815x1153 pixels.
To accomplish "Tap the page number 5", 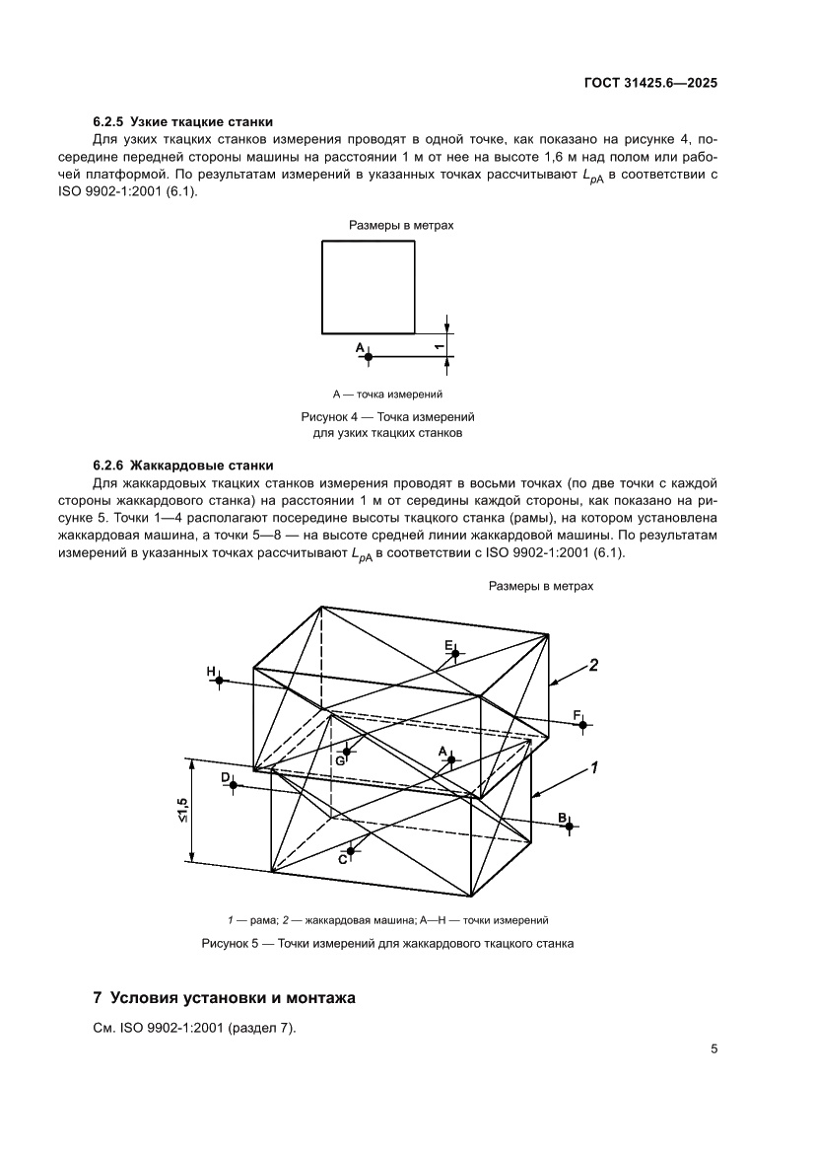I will point(713,1048).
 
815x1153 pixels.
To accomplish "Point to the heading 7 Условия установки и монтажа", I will point(224,998).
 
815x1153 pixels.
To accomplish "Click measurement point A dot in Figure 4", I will point(369,355).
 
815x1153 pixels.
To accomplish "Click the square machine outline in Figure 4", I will point(368,286).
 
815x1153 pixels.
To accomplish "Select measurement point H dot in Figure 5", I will point(219,680).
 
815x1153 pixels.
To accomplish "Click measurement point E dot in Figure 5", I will point(455,653).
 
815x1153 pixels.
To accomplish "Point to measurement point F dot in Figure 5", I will point(583,725).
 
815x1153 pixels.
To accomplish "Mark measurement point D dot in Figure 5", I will point(233,786).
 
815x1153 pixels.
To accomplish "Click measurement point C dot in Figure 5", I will point(351,850).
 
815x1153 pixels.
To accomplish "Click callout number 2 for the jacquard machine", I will point(593,665).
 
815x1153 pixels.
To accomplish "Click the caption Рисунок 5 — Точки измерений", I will point(387,943).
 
